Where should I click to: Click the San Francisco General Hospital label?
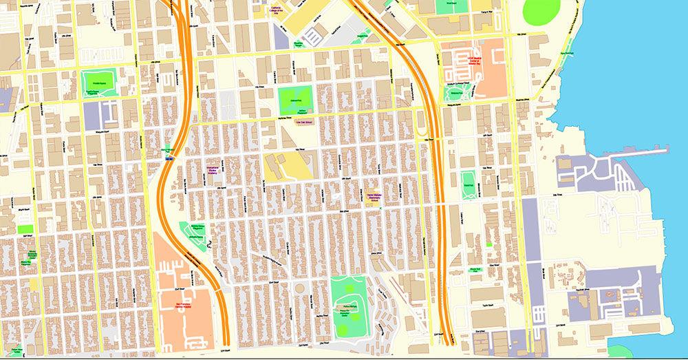click(181, 306)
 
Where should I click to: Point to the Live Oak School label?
click(303, 122)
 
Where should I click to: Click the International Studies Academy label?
click(213, 168)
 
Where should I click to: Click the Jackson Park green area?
click(295, 98)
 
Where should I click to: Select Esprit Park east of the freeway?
click(469, 184)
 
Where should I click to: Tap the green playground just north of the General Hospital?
click(193, 232)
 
